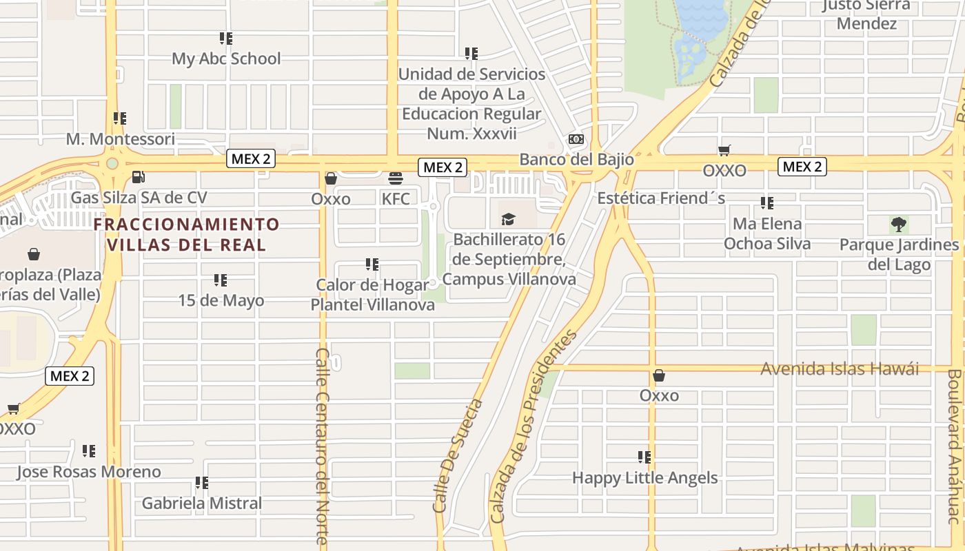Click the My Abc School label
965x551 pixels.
pos(226,59)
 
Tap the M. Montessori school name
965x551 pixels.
pos(121,139)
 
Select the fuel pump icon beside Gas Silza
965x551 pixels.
pos(138,177)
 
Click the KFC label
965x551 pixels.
pos(396,199)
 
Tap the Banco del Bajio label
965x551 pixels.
pos(576,159)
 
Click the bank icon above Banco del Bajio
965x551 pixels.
pos(576,140)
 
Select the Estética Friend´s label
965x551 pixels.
pos(661,198)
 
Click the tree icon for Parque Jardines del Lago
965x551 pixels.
pos(898,225)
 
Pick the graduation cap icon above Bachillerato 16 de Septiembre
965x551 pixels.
pos(508,220)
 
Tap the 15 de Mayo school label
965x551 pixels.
pos(221,301)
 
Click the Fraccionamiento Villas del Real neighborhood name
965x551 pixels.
pos(187,234)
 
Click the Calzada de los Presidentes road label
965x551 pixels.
pos(531,426)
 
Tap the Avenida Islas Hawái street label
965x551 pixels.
pos(840,369)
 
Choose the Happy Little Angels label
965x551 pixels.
pos(644,478)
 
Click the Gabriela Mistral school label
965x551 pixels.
pos(202,503)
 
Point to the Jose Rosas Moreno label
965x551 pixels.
pos(89,472)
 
